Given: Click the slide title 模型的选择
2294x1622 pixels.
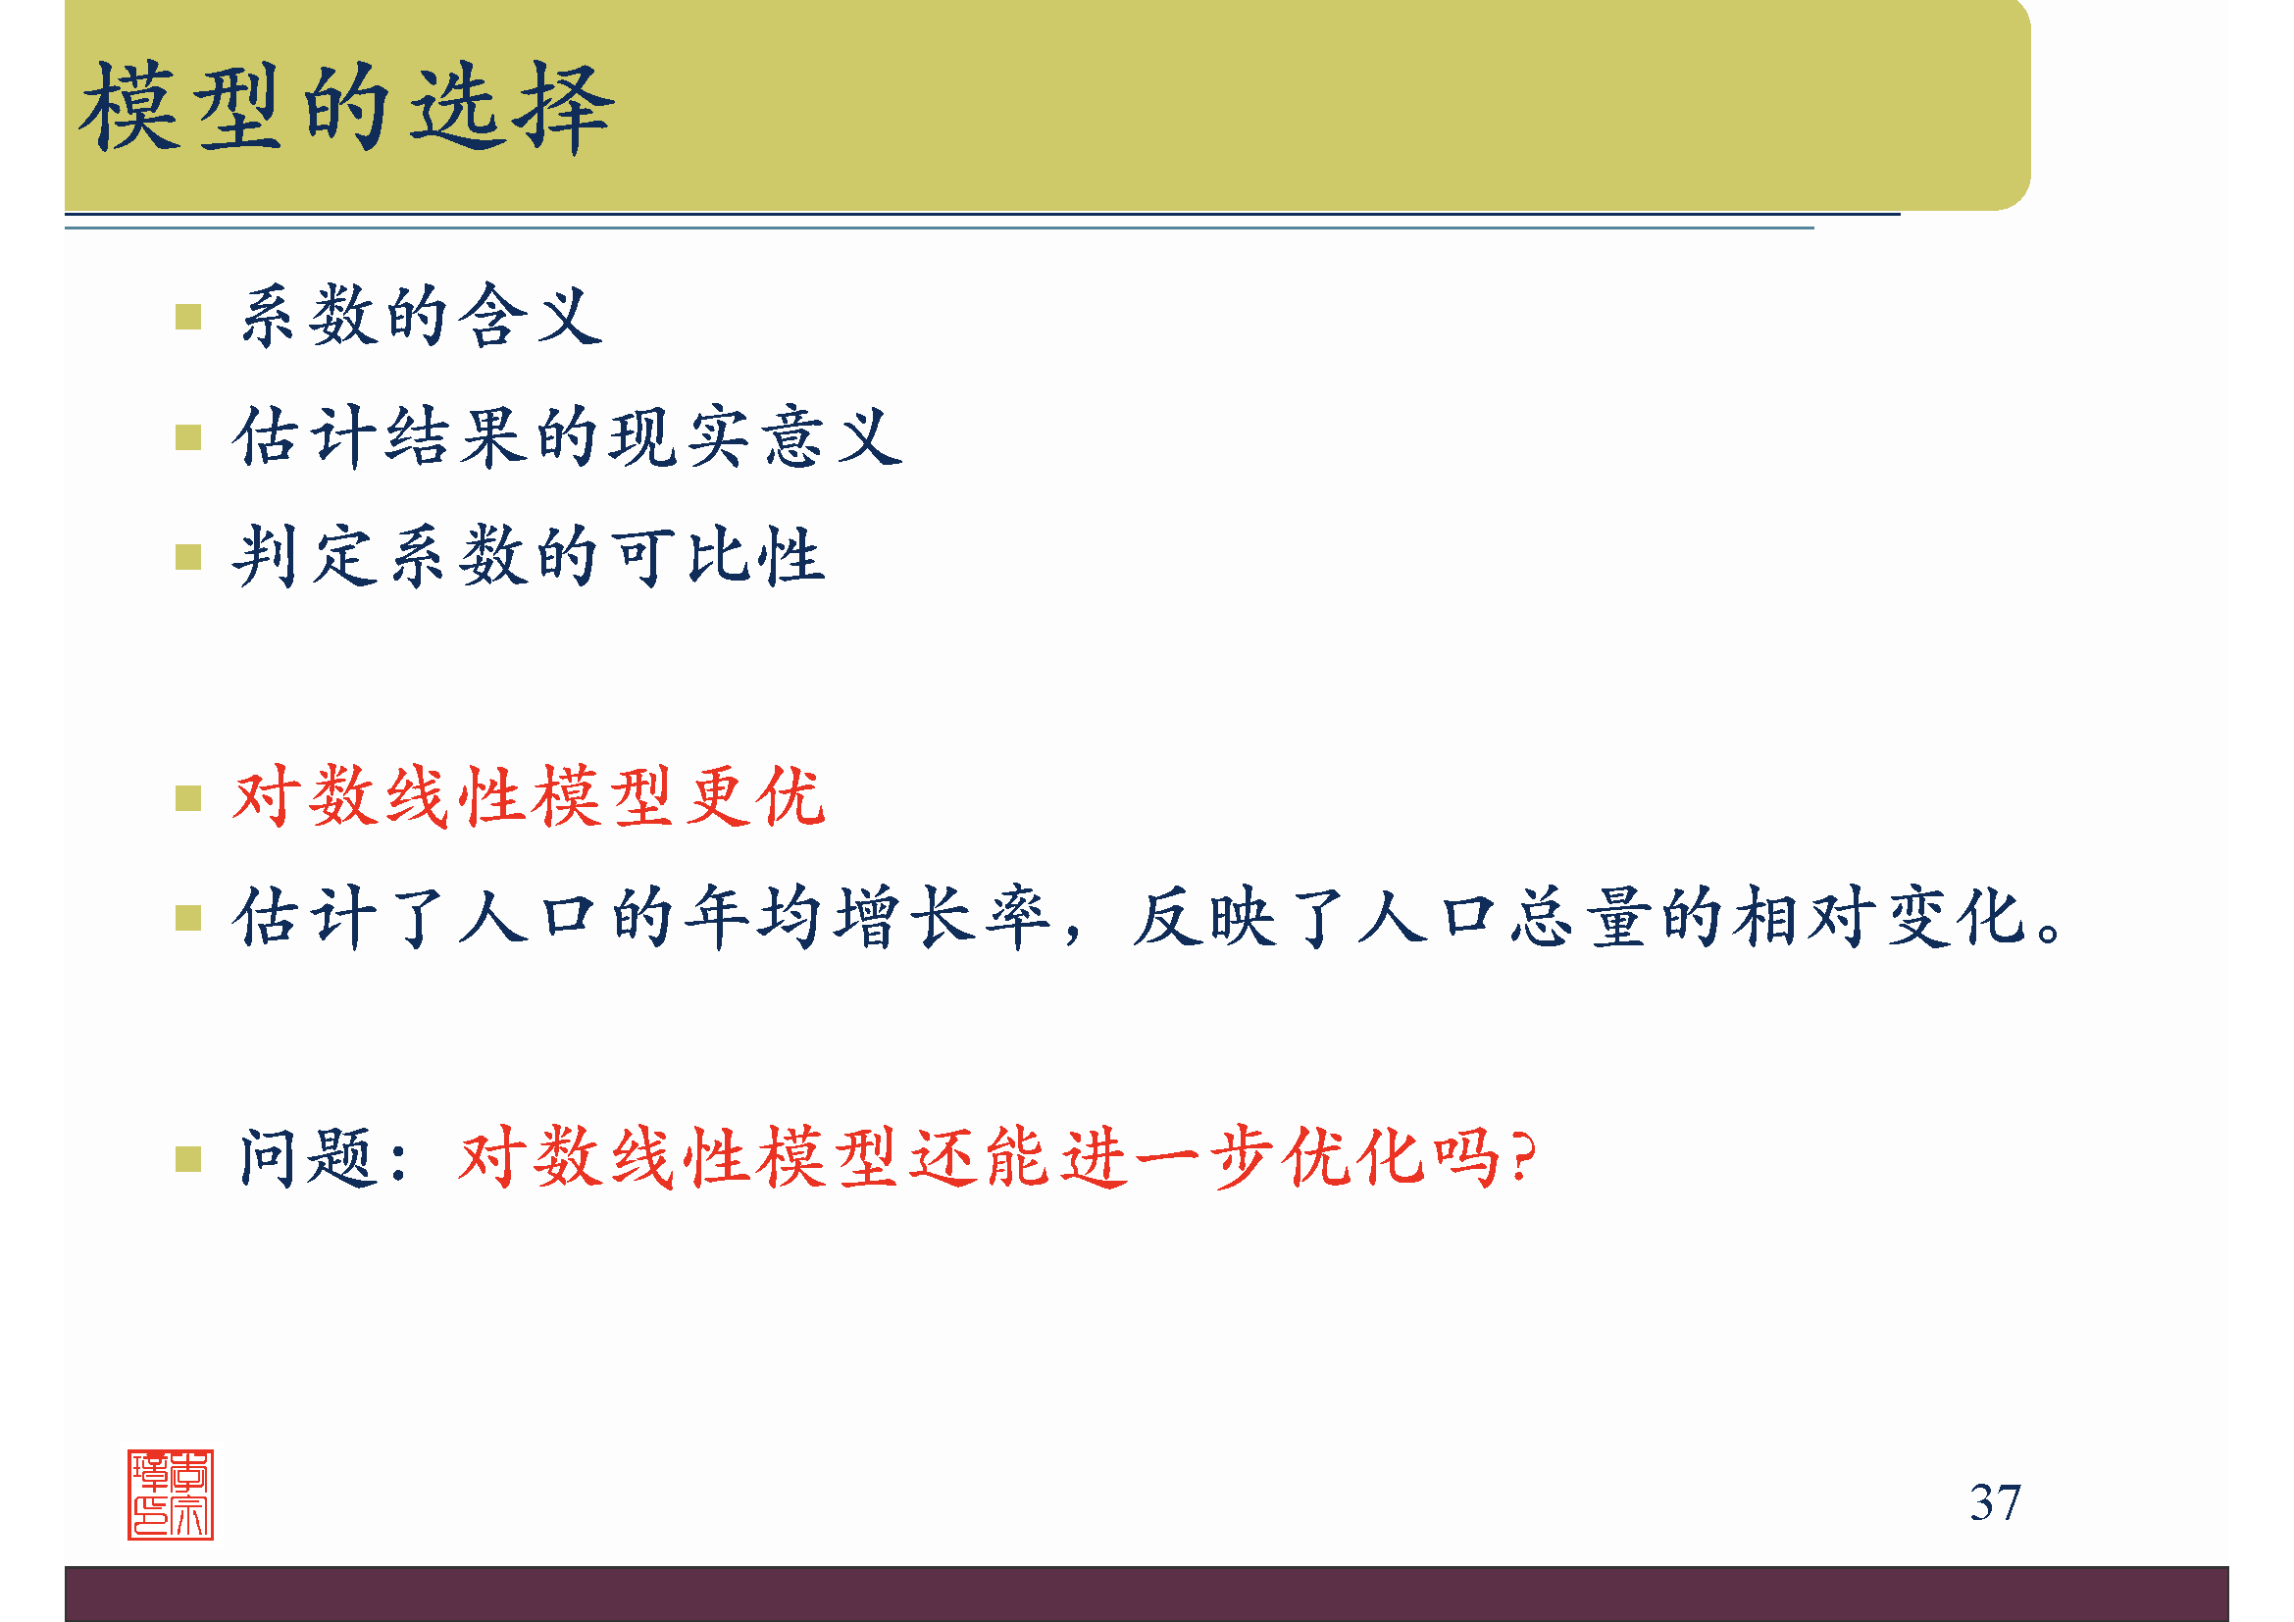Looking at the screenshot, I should click(345, 107).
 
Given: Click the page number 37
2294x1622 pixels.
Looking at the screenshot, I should click(1994, 1503).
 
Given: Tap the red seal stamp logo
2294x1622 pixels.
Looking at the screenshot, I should click(171, 1495).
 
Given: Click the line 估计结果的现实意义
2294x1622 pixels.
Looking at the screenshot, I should click(568, 436).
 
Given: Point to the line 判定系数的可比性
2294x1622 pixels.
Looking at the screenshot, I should click(529, 556).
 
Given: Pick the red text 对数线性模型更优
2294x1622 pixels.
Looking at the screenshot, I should click(529, 797).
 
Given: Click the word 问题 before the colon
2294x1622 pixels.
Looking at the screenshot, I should click(306, 1158).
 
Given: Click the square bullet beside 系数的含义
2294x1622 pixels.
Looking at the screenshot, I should click(188, 318).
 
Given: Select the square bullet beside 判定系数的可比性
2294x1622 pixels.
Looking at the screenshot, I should click(188, 557).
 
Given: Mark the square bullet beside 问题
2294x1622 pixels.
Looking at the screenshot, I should click(188, 1159).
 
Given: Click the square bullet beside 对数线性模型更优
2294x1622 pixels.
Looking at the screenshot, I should click(188, 798).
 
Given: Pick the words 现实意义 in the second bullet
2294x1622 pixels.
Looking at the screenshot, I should click(755, 436).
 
